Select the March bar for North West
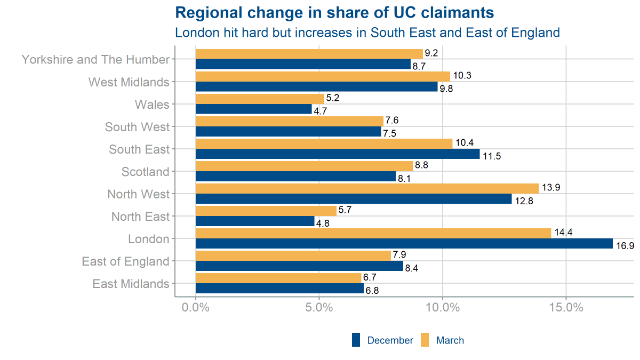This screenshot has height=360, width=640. (367, 188)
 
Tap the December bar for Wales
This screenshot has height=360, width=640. (253, 109)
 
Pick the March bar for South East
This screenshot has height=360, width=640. (324, 143)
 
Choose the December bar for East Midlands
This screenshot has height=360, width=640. (279, 289)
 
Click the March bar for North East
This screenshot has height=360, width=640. (266, 211)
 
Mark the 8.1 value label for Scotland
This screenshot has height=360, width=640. (404, 179)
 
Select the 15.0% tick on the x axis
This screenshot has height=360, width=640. (565, 308)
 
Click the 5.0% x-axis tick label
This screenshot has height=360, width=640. (319, 308)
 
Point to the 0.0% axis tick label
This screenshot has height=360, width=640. (196, 308)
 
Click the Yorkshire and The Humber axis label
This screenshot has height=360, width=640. (95, 60)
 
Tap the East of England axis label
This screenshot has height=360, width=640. (125, 261)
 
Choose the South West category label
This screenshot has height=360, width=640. (137, 127)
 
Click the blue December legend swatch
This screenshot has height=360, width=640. (356, 340)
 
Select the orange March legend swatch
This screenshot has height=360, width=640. (425, 340)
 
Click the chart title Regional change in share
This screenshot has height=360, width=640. (334, 13)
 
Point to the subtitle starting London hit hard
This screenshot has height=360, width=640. (367, 33)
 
